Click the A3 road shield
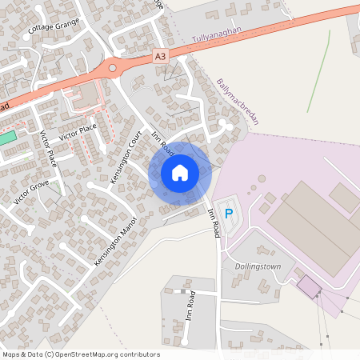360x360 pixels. click(x=161, y=56)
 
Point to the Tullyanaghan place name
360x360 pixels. click(x=216, y=38)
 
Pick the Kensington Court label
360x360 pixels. click(x=126, y=157)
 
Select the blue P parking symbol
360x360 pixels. click(x=228, y=214)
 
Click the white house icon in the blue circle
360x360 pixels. click(x=180, y=173)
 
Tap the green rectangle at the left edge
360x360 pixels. click(x=7, y=137)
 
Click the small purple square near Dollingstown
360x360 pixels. click(x=307, y=285)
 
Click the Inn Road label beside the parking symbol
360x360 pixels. click(x=213, y=222)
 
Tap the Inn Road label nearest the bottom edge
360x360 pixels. click(x=191, y=305)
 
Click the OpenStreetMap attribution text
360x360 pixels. click(x=81, y=354)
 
